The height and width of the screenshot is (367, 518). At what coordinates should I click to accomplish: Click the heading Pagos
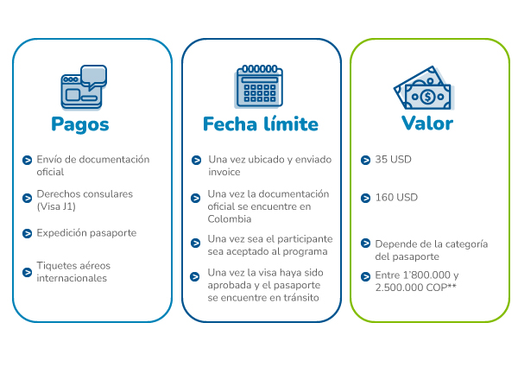80,124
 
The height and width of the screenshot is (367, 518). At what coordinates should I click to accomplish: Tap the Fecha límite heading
261,123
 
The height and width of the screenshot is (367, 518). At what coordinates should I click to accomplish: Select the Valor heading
427,123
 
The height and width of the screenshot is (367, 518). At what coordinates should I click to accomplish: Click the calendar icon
259,86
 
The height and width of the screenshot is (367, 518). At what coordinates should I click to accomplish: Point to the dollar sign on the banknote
428,97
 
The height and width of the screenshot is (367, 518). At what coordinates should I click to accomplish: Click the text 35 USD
393,160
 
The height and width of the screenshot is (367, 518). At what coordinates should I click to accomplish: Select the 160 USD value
396,198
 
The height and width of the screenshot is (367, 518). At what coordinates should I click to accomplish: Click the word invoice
224,172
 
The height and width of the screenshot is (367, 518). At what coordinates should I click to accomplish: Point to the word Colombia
230,219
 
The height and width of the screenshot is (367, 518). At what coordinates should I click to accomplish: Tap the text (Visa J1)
56,206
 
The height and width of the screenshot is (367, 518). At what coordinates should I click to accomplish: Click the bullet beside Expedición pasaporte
27,233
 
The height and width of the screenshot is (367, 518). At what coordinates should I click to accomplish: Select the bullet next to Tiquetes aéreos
27,272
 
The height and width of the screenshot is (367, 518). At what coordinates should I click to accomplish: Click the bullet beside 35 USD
365,161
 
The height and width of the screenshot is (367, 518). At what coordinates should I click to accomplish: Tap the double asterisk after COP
452,286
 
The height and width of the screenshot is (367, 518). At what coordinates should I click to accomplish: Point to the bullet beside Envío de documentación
27,161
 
